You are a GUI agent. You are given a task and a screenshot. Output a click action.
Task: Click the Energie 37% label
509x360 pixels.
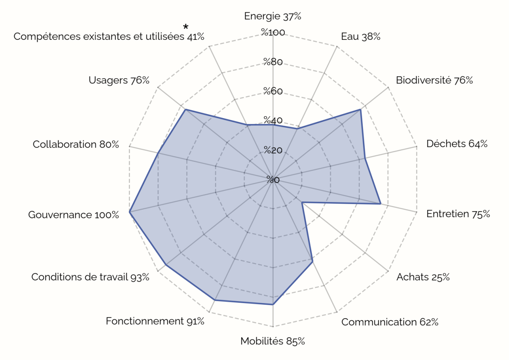273,16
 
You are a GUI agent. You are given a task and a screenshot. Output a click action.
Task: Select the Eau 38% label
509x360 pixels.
361,37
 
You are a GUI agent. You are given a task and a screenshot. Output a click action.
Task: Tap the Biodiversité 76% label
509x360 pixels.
434,80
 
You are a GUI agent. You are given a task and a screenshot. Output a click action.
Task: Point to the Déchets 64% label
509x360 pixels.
457,144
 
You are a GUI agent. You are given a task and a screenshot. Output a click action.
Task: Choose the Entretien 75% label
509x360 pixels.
458,214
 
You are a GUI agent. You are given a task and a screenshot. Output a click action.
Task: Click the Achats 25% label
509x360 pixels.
423,277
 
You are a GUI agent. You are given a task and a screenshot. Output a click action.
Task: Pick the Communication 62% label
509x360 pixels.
390,322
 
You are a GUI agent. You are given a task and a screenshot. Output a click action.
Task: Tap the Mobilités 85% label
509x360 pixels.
273,341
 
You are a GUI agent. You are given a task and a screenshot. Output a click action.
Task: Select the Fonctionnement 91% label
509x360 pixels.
155,321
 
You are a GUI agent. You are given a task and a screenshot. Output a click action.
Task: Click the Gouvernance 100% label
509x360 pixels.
74,215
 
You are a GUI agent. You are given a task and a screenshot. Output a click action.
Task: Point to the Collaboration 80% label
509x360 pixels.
76,144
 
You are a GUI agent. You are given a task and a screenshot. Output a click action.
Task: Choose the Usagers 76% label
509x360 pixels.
119,80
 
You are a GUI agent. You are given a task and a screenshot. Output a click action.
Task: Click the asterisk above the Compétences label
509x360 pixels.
186,27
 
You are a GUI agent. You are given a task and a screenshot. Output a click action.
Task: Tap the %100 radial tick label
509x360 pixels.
273,33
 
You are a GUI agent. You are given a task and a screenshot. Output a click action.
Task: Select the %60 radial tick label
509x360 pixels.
273,91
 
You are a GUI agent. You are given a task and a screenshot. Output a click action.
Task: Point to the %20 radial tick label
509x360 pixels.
273,150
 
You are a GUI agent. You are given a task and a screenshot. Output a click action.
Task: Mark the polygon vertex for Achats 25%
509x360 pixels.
302,203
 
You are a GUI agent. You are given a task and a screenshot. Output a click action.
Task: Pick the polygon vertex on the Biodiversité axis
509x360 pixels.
360,109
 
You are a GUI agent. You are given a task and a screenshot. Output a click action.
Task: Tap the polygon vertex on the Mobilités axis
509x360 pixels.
273,304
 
